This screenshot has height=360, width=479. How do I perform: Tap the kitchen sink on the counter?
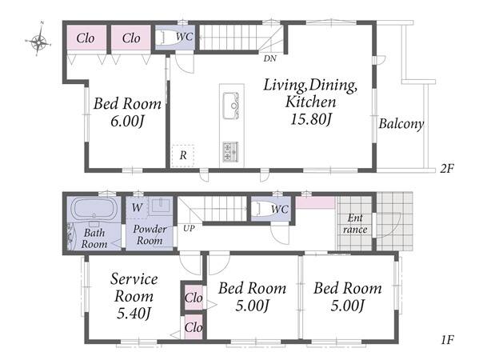coord(231,106)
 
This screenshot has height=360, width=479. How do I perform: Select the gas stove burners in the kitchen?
coord(231,151)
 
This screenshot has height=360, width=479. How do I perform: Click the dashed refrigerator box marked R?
coord(182,155)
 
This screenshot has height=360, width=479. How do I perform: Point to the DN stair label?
coord(270,58)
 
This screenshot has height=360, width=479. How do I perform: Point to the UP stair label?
coord(189,228)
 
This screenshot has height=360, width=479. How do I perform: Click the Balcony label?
coord(401,124)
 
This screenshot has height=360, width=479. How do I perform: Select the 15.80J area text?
coord(311,119)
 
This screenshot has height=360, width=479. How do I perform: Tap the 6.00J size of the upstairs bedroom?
coord(127,122)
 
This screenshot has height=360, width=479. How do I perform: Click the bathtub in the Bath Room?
coord(94,208)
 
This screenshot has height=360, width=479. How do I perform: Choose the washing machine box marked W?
coord(138,207)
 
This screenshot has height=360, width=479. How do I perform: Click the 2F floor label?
coord(447,168)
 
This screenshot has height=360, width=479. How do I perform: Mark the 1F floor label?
coord(448,339)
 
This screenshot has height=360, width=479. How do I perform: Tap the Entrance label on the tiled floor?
coord(355,224)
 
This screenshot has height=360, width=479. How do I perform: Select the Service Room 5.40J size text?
coord(134,314)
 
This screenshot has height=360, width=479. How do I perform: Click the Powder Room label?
coord(150,234)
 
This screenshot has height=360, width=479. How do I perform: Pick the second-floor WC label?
coord(184,37)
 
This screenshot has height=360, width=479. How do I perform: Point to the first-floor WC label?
coord(280,210)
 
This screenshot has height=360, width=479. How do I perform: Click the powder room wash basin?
coord(161,206)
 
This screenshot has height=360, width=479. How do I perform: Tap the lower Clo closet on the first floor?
coord(194,327)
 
